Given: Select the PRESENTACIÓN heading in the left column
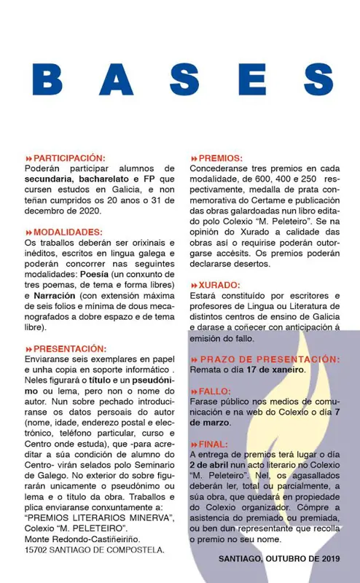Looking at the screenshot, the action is (70, 349).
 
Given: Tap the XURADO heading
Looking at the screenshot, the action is (220, 285).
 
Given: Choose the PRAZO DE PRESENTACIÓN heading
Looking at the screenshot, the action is (270, 359).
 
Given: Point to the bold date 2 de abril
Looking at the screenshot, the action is (212, 464).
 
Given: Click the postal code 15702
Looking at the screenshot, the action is (39, 549).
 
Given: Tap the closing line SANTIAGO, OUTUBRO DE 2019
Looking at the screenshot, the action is (280, 559).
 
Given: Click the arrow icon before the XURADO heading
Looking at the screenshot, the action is (194, 286).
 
